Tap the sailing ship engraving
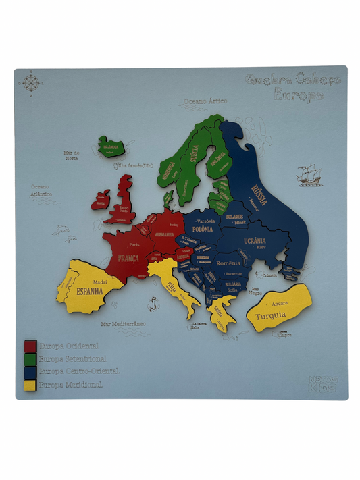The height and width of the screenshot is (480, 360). (x=309, y=174)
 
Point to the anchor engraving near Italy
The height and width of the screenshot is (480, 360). (x=152, y=303)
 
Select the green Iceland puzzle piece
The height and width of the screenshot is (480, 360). (x=110, y=146)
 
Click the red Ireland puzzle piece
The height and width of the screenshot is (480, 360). (x=101, y=199)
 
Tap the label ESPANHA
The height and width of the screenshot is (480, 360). (x=90, y=292)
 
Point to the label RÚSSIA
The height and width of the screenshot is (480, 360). (x=259, y=190)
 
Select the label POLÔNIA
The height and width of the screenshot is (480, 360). (x=201, y=229)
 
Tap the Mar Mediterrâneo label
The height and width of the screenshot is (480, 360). (x=123, y=324)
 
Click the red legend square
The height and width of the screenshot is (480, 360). (x=30, y=346)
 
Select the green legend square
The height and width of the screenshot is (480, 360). (x=30, y=359)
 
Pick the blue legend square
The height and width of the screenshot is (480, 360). (x=30, y=372)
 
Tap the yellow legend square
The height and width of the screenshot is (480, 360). (x=30, y=385)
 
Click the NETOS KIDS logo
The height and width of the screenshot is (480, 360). (x=322, y=383)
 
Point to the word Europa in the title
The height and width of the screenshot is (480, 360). (x=298, y=95)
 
